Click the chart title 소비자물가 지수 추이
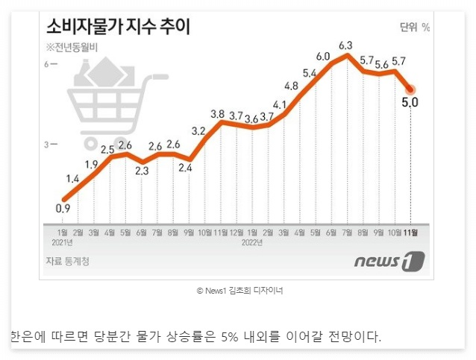pyautogui.click(x=118, y=28)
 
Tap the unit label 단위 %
pyautogui.click(x=415, y=28)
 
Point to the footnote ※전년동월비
pyautogui.click(x=73, y=48)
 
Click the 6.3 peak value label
pyautogui.click(x=345, y=45)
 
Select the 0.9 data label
pyautogui.click(x=63, y=209)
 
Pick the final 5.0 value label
pyautogui.click(x=410, y=102)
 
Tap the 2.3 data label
pyautogui.click(x=142, y=171)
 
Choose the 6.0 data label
pyautogui.click(x=323, y=57)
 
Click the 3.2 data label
pyautogui.click(x=198, y=131)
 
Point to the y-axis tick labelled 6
pyautogui.click(x=46, y=64)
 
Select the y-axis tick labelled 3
pyautogui.click(x=46, y=144)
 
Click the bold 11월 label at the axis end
pyautogui.click(x=411, y=233)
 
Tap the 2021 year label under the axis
pyautogui.click(x=63, y=242)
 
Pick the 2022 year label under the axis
pyautogui.click(x=251, y=242)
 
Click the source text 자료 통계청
pyautogui.click(x=68, y=262)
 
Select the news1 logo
pyautogui.click(x=389, y=262)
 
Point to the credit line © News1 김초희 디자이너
pyautogui.click(x=239, y=290)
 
